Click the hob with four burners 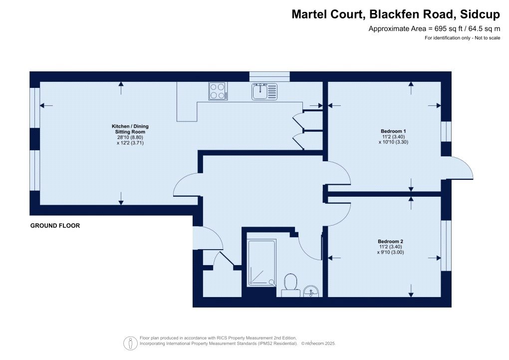218,91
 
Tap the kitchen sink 264,91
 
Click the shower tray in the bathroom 261,263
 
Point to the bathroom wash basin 311,291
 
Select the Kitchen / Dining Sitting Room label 130,129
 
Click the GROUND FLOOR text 55,226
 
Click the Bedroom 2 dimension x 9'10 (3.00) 391,252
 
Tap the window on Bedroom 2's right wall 447,245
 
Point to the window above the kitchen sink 269,76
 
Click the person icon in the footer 131,343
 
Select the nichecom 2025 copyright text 319,344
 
